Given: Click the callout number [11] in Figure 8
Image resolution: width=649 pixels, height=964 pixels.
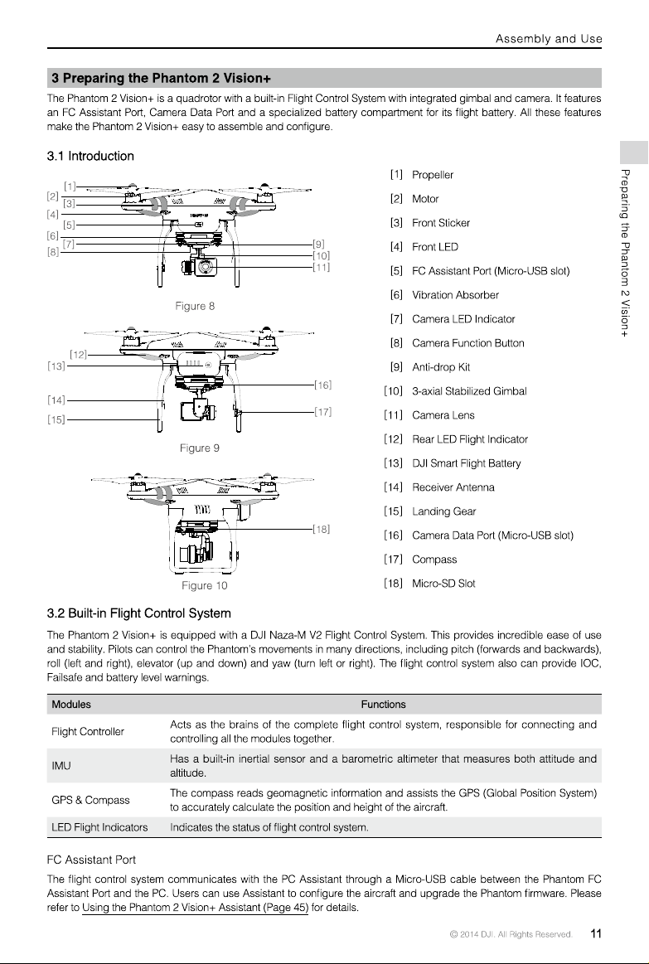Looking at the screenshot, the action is coord(322,268).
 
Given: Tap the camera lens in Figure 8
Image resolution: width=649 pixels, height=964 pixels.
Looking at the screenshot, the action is coord(206,268).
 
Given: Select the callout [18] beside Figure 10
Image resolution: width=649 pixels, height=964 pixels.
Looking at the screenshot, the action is coord(322,529).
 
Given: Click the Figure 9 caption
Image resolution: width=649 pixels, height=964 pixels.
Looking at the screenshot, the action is coord(199,448).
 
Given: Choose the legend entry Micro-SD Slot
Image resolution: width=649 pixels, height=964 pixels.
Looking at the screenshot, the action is coord(443,584).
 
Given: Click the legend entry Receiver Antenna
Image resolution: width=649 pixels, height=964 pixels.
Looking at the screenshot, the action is coord(453,487).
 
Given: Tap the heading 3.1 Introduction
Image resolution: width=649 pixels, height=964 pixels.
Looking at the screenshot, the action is coord(90,156).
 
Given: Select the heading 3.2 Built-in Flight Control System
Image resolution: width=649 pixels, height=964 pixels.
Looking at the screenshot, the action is coord(139,613).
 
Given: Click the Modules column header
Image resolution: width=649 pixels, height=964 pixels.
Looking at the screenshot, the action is coord(71,705).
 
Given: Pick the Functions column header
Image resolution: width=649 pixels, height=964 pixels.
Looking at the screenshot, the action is coord(383,705).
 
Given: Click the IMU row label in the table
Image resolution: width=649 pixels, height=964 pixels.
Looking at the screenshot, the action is coord(61,766).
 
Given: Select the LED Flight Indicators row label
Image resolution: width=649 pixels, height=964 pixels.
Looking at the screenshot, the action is coord(99,827).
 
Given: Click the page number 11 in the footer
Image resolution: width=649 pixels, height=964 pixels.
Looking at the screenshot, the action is coord(595,934).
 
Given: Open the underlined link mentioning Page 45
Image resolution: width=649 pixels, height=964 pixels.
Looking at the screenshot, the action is coord(195,908).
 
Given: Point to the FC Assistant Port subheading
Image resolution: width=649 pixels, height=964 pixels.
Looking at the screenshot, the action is coord(91,860).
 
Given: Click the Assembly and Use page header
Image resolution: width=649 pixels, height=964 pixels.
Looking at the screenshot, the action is coord(549,39).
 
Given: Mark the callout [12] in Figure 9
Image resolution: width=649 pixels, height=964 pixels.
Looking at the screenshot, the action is coord(78,355).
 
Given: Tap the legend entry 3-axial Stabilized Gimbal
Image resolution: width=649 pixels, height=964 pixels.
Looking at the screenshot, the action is coord(469,391).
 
